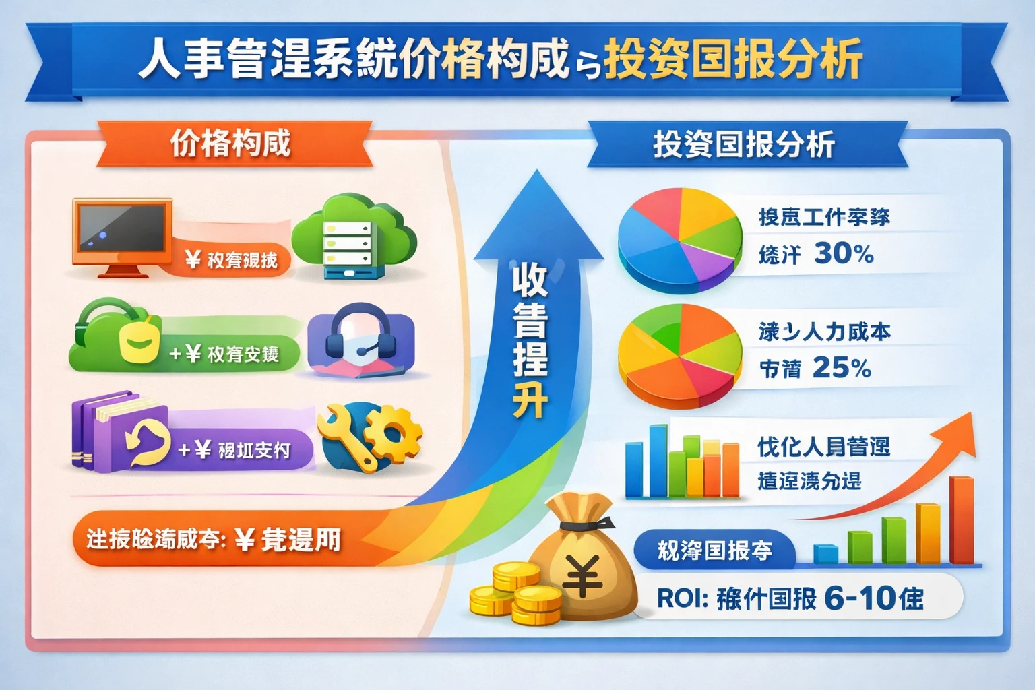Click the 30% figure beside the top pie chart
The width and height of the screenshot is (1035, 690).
(844, 253)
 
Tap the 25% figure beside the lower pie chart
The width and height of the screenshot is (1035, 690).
(842, 368)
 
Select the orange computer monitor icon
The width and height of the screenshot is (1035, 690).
(122, 232)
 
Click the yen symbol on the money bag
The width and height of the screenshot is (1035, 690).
(582, 576)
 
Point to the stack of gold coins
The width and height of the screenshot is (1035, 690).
(519, 593)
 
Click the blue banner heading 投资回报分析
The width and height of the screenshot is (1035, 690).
(744, 145)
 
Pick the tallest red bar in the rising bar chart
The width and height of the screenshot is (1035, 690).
(962, 519)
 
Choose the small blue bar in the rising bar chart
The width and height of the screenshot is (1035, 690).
(825, 554)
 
